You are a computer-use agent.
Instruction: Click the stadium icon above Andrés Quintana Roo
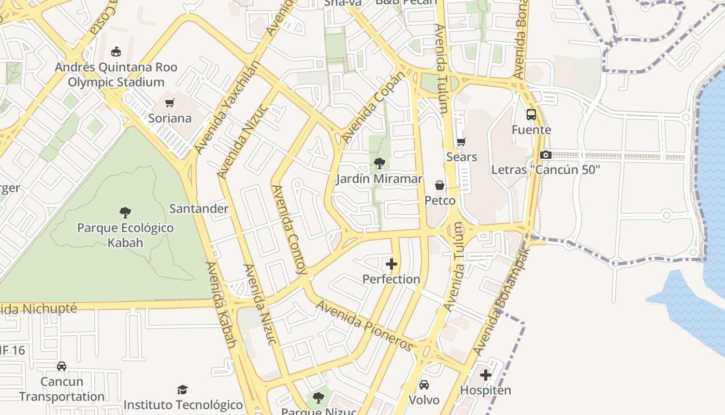pos(116,52)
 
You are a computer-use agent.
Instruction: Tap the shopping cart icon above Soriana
pos(170,103)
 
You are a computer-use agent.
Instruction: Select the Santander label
pos(199,209)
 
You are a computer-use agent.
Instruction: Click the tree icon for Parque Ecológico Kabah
pos(125,212)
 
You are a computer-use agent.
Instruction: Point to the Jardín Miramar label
pos(379,179)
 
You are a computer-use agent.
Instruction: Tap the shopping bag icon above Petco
pos(440,185)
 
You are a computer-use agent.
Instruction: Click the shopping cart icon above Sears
pos(461,142)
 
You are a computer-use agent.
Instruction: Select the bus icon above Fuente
pos(531,115)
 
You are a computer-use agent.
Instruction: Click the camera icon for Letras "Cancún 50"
pos(545,155)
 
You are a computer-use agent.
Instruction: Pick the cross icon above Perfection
pos(392,264)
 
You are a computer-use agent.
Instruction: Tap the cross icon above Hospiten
pos(486,375)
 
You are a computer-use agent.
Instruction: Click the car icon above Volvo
pos(424,385)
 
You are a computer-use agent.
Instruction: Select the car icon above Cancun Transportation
pos(62,366)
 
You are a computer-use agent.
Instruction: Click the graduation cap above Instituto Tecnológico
pos(182,390)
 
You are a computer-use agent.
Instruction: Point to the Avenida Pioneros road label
pos(365,326)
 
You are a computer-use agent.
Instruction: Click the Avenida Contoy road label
pos(289,229)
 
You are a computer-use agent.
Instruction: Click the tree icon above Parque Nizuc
pos(318,398)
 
